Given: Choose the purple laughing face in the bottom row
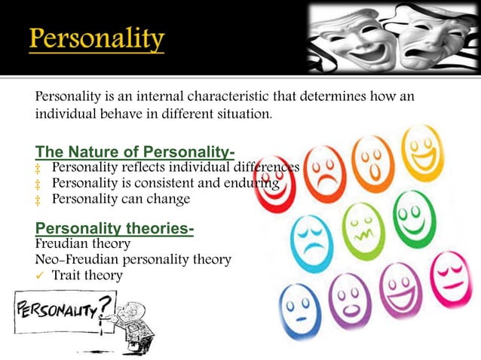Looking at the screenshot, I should coord(400,290).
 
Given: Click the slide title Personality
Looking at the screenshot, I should coord(97,38).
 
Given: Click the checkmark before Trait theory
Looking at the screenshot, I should coord(41,276).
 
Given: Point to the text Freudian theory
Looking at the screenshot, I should coord(83,244).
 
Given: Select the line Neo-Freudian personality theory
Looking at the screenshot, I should coord(133,260).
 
